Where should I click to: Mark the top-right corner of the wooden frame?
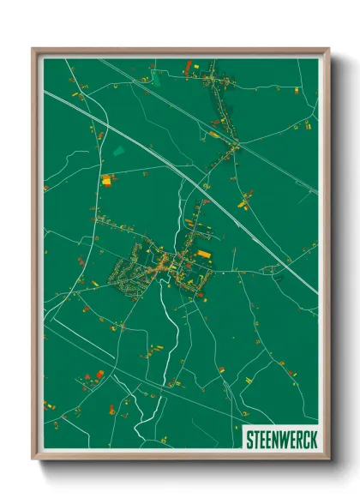pyautogui.click(x=328, y=49)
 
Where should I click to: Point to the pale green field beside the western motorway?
pyautogui.click(x=118, y=150)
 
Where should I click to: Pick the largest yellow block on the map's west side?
pyautogui.click(x=106, y=180)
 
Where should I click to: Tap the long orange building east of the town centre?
pyautogui.click(x=204, y=254)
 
